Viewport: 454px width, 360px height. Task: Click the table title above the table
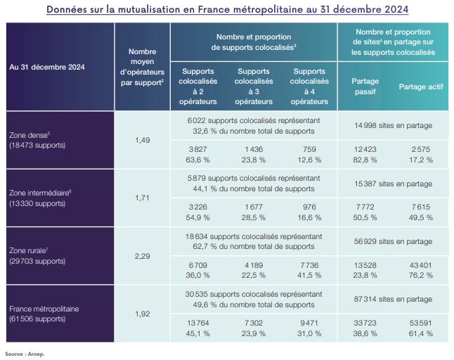tap(227, 10)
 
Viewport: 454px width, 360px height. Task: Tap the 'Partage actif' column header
tap(420, 86)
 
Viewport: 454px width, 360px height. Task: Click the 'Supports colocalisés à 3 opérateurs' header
tap(254, 86)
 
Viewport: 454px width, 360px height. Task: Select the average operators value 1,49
tap(142, 140)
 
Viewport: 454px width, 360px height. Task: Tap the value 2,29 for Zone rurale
tap(142, 255)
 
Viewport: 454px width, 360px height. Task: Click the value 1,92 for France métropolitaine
tap(142, 313)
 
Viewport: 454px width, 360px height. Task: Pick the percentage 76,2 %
tap(420, 275)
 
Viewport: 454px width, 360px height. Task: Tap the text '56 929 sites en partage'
tap(394, 241)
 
